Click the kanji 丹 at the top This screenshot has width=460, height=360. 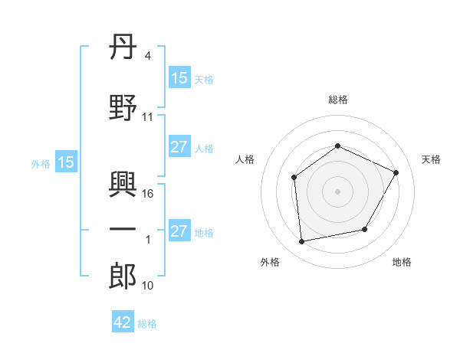coord(123,47)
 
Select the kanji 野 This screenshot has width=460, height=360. coord(123,107)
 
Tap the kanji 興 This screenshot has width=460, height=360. coord(123,184)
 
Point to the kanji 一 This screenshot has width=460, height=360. coord(123,229)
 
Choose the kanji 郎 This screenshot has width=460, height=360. coord(123,276)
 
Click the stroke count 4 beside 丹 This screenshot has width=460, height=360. coord(147,56)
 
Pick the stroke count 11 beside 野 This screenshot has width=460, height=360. coord(147,117)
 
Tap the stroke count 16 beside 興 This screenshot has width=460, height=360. coord(147,194)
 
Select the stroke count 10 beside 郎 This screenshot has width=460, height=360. coord(147,286)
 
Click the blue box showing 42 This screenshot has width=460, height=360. coord(123,321)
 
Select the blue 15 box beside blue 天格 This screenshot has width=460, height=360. coord(180,77)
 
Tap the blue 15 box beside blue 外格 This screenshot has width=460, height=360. coord(66,162)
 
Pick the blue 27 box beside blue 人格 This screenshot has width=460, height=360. coord(180,146)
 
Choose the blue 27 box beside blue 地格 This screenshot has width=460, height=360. coord(180,230)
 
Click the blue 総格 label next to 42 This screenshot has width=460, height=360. coord(147,324)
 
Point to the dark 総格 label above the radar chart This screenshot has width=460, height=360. coord(338,100)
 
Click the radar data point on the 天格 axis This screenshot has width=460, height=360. coord(396,172)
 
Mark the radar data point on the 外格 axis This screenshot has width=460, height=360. coord(301,241)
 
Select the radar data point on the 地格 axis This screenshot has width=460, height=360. coord(365,229)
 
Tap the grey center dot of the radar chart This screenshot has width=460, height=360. coord(337,191)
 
